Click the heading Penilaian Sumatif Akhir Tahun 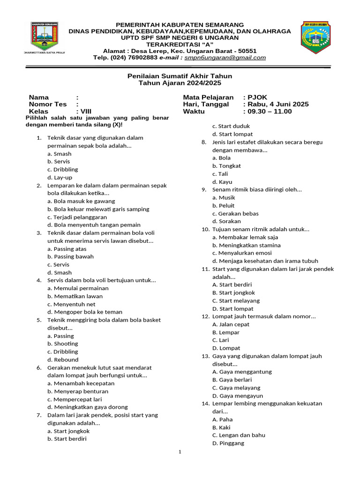180,76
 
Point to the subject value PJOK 258,97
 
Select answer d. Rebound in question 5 63,360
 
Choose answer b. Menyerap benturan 78,391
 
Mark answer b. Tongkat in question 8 226,166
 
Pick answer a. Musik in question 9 224,197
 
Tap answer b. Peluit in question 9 224,205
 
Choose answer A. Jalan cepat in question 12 231,324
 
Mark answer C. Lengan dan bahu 239,435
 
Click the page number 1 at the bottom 180,452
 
